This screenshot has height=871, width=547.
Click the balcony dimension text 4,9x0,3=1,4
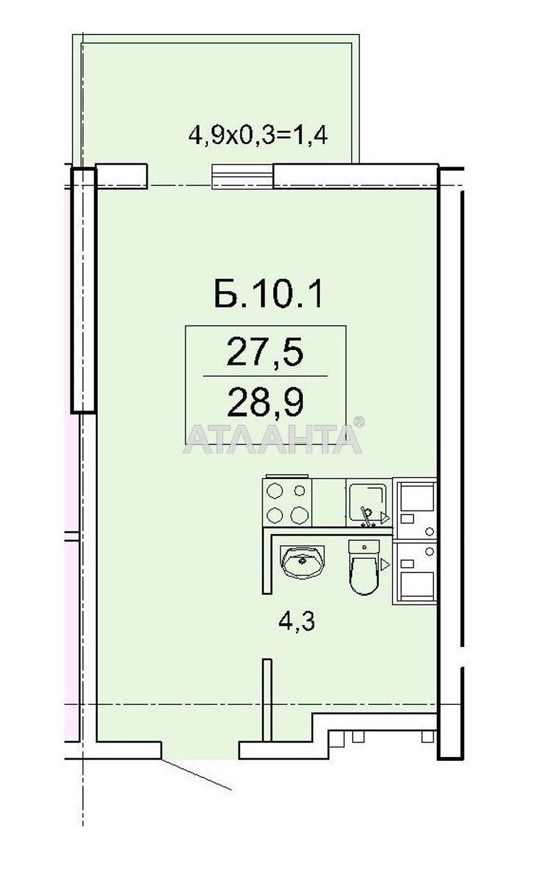(258, 134)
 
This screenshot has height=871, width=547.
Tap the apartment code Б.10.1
(267, 295)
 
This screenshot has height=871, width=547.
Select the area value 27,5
(265, 355)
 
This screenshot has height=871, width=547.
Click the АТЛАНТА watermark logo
(271, 439)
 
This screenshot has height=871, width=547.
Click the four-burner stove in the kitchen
(287, 503)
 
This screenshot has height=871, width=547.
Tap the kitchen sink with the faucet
(369, 503)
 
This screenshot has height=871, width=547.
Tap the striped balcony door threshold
(243, 176)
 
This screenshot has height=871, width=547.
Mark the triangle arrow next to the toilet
(386, 564)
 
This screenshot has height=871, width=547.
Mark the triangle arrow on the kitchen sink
(385, 518)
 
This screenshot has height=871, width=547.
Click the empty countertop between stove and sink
(329, 503)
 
